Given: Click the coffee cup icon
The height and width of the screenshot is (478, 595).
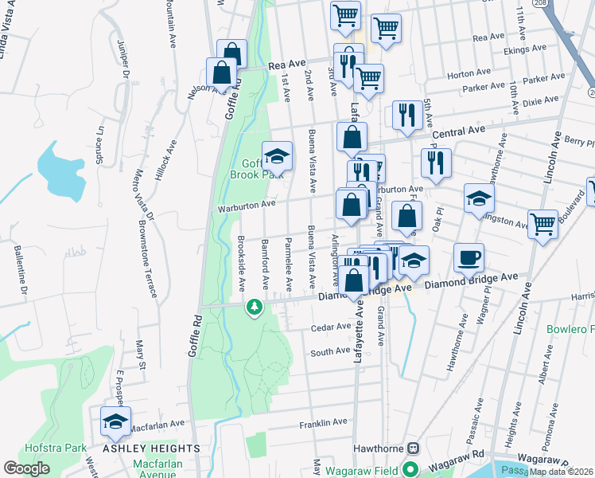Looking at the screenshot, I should (469, 257).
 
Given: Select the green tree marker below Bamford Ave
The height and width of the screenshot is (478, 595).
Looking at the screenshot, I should (254, 307).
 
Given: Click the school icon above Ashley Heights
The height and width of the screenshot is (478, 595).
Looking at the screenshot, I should (116, 423).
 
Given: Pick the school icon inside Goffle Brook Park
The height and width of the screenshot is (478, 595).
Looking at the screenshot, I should (277, 155).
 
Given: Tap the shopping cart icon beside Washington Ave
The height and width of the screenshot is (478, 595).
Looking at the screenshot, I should (543, 224).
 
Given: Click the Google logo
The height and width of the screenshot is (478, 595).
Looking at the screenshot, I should (26, 468).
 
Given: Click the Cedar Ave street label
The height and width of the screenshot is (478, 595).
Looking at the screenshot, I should (331, 327).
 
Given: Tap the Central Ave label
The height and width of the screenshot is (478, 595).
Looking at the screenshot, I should (457, 130).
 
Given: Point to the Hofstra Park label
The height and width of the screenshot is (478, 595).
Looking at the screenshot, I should (56, 448).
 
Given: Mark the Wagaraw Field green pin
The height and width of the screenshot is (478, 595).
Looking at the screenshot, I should (411, 468).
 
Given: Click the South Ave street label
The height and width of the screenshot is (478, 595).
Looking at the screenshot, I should (330, 351).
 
